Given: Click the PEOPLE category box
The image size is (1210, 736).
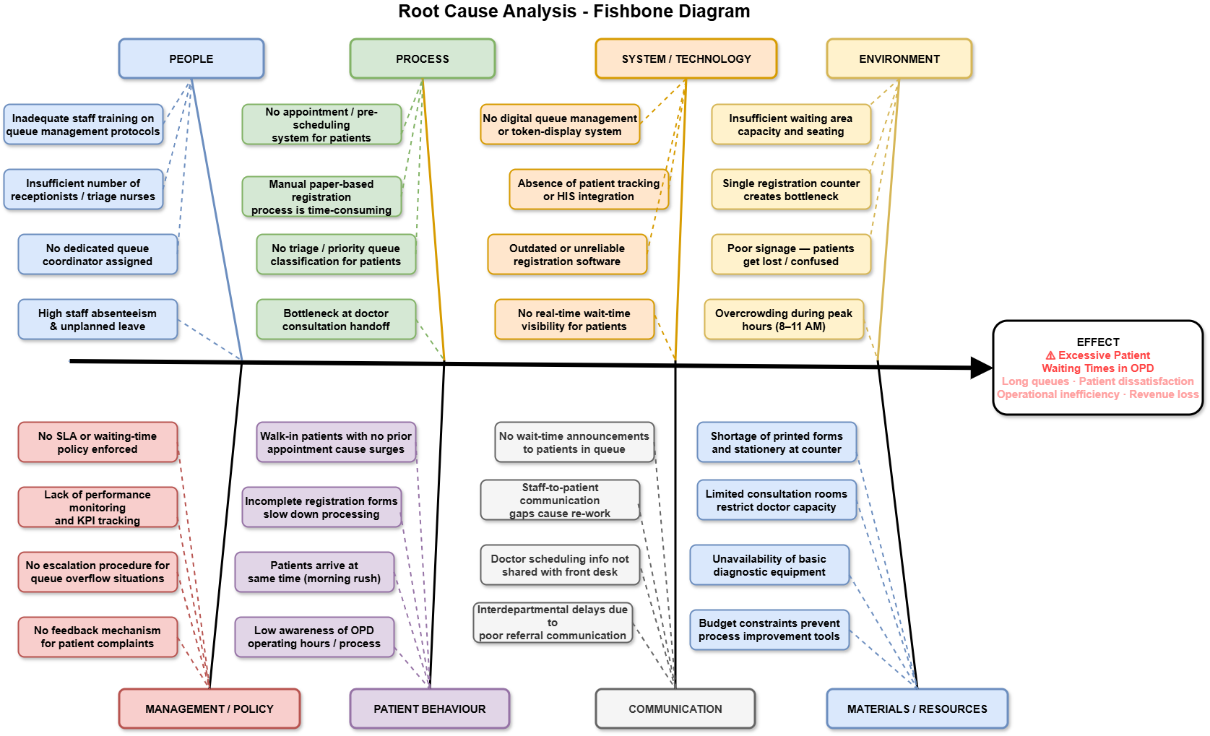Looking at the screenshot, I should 191,59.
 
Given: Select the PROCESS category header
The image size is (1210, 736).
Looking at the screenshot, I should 423,59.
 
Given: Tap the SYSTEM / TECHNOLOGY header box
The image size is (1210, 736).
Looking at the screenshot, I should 686,59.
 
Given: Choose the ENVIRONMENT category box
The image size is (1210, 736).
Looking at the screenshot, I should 899,59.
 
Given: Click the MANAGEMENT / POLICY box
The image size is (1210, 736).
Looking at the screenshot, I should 209,709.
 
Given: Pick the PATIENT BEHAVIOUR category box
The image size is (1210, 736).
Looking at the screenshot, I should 430,709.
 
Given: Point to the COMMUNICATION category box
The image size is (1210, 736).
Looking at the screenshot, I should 675,709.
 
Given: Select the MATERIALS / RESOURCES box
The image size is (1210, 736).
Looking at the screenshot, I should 917,709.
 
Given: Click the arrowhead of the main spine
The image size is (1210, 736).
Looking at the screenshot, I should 982,368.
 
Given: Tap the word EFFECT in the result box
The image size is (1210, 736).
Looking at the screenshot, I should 1098,342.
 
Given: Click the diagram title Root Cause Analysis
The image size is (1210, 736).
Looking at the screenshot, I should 574,12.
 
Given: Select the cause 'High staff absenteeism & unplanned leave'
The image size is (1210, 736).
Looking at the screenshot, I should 98,319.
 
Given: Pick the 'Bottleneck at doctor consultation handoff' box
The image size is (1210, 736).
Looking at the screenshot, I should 336,319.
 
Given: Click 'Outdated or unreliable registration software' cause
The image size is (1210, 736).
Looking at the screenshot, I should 567,254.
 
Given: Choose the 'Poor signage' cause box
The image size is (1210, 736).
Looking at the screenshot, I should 791,254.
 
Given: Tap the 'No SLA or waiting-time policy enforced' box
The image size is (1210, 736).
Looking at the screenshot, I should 98,442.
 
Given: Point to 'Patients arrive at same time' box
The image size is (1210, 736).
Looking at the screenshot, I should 314,572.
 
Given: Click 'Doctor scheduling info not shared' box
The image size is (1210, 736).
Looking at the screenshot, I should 560,565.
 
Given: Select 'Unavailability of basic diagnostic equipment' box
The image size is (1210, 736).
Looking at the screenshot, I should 769,565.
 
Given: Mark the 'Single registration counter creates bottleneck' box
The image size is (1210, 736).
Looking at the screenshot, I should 791,189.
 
